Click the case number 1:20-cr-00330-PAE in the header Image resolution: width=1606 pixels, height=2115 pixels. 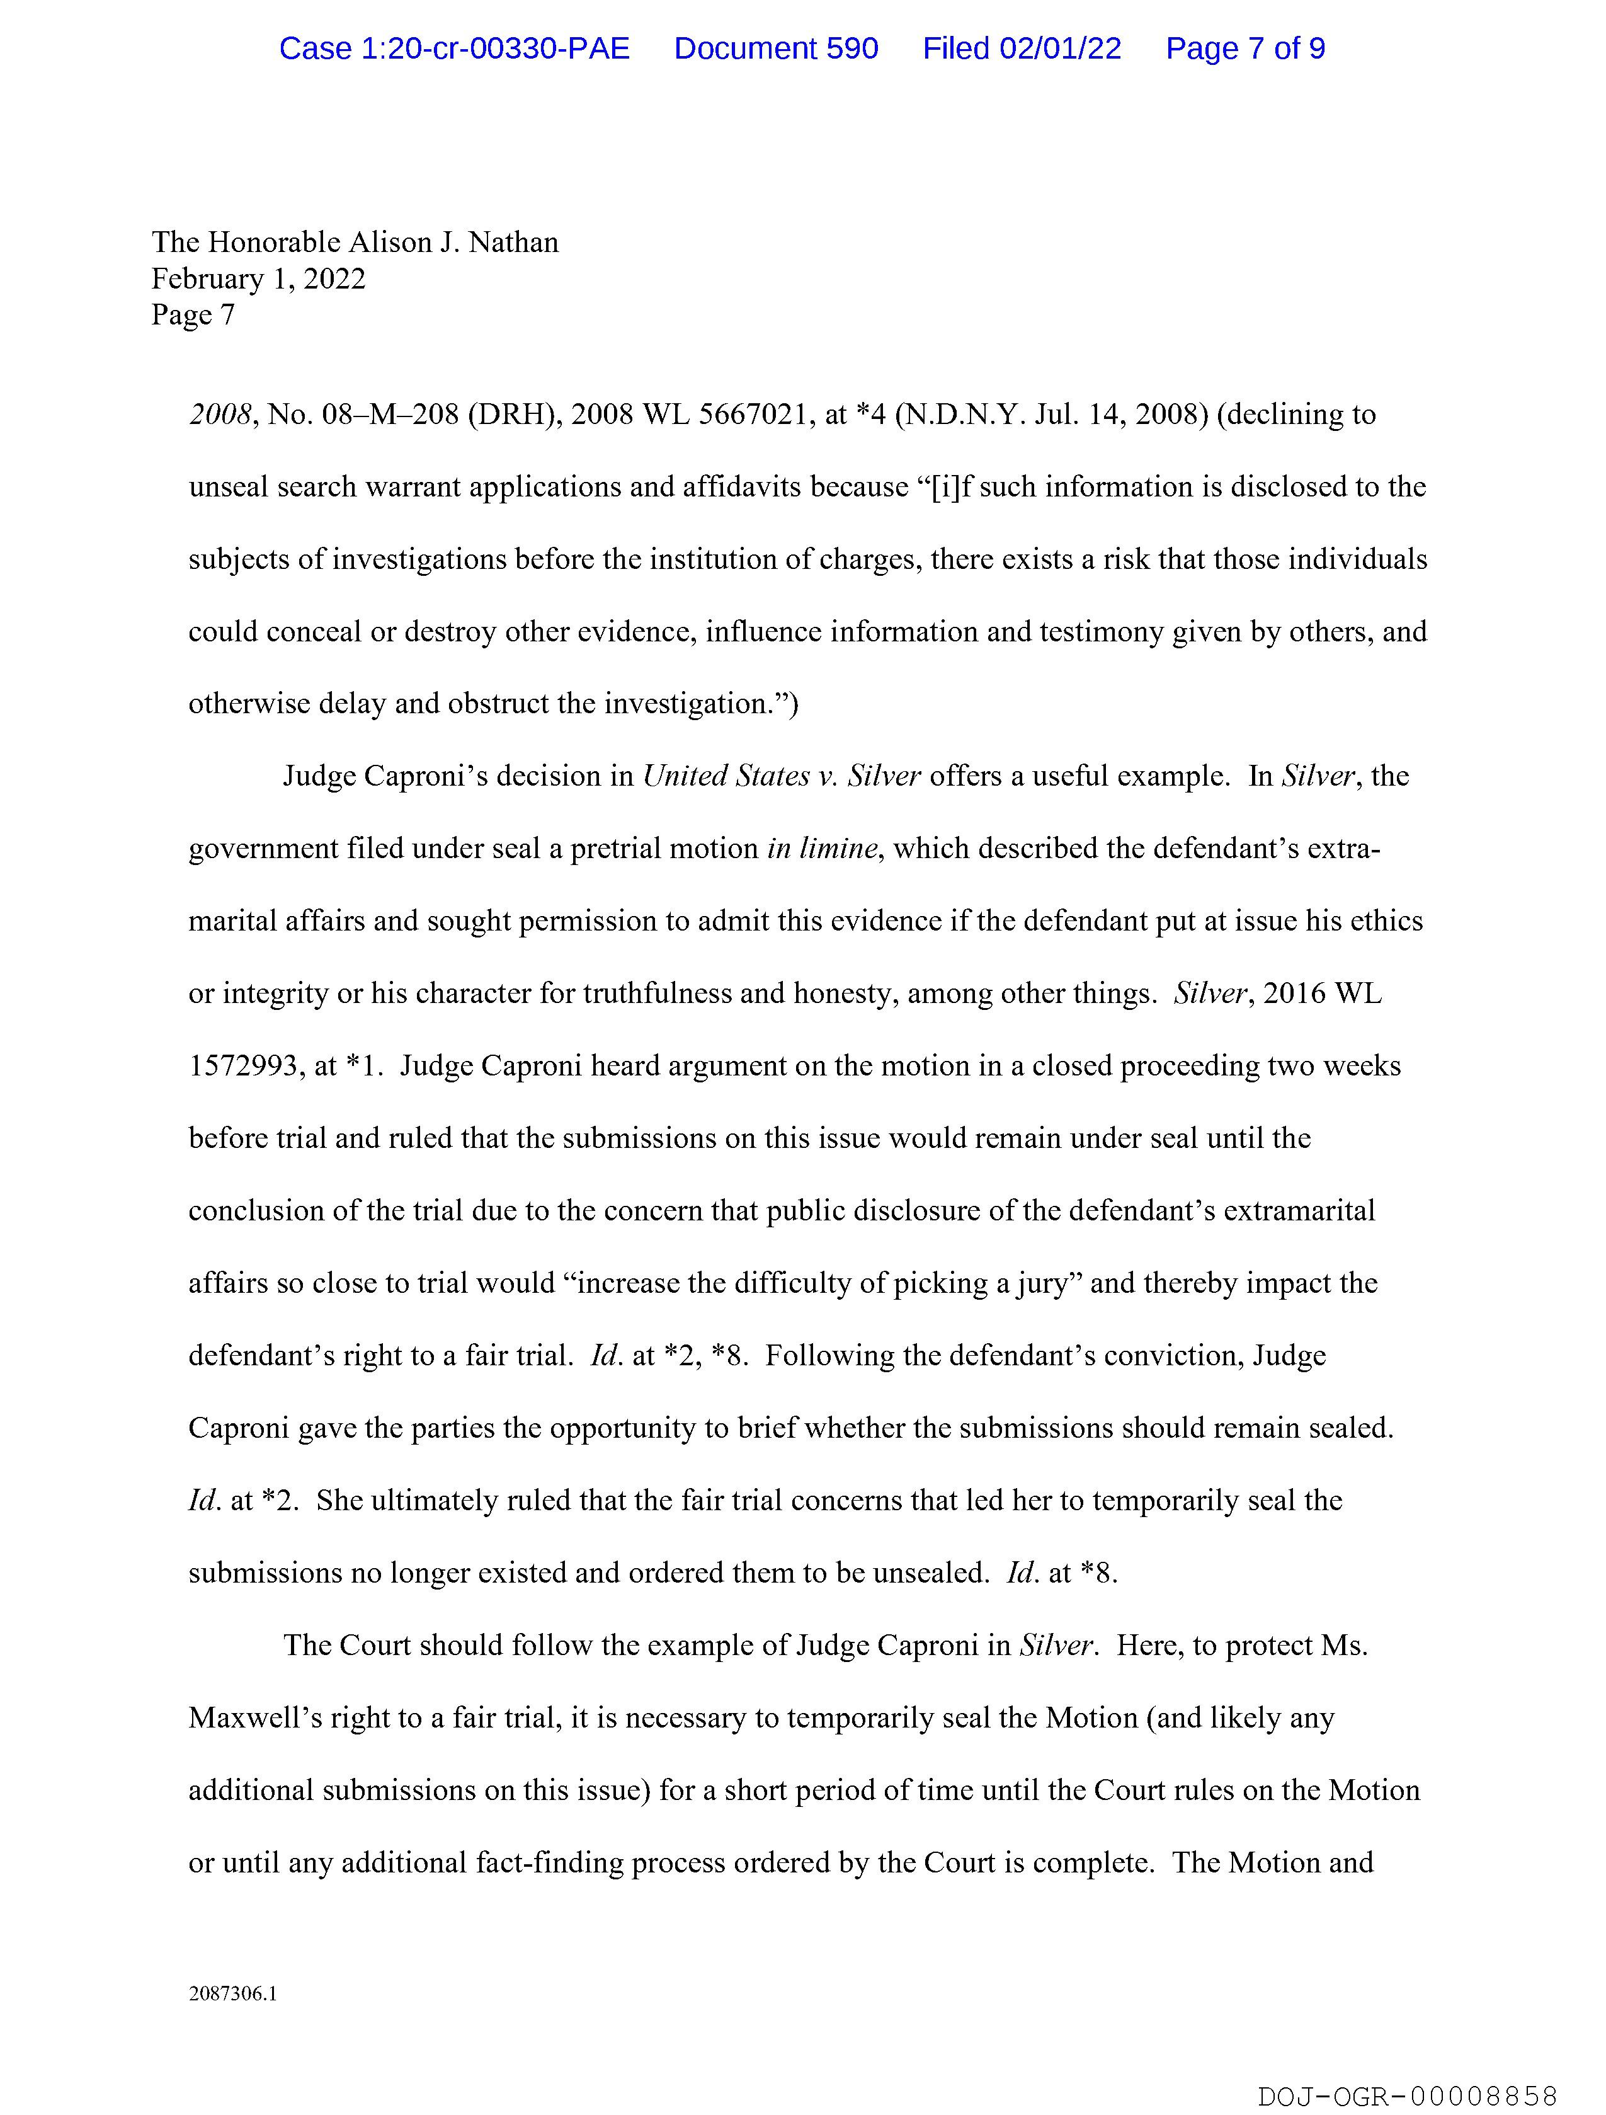[x=454, y=49]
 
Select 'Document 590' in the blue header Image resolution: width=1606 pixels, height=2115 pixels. [x=775, y=49]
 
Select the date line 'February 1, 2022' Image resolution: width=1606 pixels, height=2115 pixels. [x=258, y=279]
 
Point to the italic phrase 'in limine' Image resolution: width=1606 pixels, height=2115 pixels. [x=821, y=849]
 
